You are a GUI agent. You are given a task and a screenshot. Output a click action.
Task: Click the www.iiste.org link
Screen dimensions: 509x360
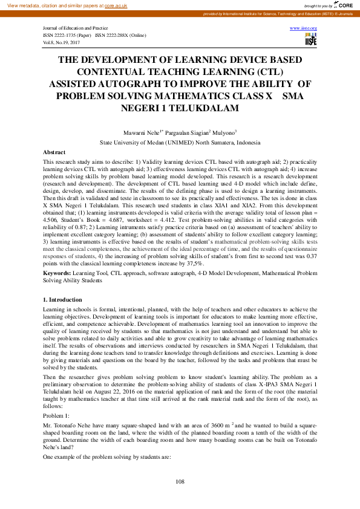[x=304, y=28]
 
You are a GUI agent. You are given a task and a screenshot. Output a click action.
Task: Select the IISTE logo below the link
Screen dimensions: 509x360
[x=311, y=39]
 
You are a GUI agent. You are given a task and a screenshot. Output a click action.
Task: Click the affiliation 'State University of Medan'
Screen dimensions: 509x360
[x=140, y=142]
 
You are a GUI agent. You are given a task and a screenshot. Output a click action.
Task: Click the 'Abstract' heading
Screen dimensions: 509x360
[x=54, y=152]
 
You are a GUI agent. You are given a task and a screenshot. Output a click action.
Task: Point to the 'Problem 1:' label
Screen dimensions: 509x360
[x=57, y=417]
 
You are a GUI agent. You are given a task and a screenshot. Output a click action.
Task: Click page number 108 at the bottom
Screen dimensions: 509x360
[x=180, y=481]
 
